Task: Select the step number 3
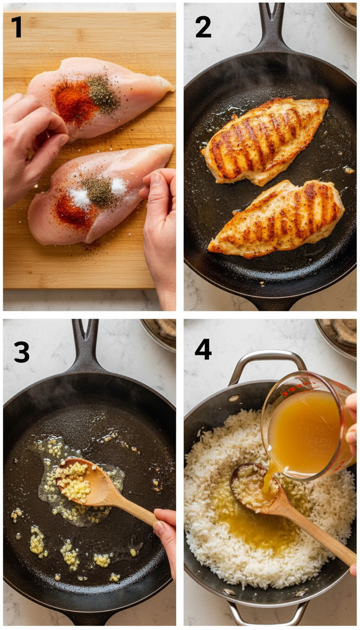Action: coord(21,352)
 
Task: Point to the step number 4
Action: coord(203,349)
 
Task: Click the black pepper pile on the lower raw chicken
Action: coord(99,191)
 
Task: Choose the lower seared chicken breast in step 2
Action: coord(277,218)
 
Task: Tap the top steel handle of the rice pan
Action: coord(267,359)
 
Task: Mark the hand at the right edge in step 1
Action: coord(162,225)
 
